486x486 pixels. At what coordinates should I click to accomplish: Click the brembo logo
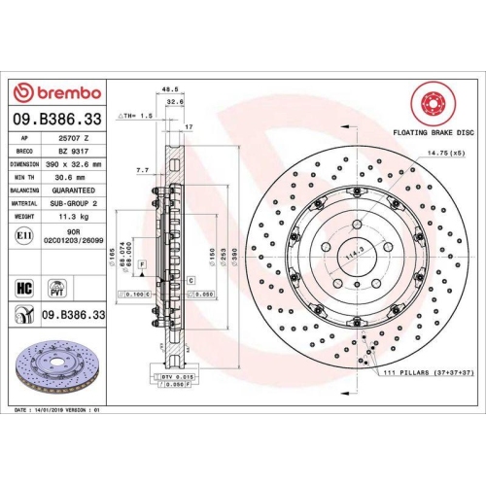tap(55, 92)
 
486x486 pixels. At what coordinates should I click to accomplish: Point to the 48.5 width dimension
tap(170, 88)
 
